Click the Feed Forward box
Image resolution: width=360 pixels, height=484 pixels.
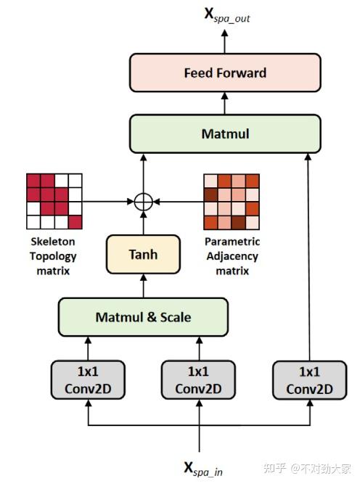click(x=224, y=73)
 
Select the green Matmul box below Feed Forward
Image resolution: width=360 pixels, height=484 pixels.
click(x=224, y=134)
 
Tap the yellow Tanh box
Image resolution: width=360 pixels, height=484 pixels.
click(x=143, y=255)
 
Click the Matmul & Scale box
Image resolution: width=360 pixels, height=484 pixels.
click(x=143, y=317)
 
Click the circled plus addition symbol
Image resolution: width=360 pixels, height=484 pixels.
click(x=144, y=201)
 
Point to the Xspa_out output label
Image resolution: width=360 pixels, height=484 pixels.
click(x=225, y=17)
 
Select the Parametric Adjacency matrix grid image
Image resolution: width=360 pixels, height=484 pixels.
click(x=232, y=201)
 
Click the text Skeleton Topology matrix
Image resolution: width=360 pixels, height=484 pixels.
click(x=52, y=256)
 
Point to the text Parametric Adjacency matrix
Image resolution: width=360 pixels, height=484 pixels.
click(x=232, y=256)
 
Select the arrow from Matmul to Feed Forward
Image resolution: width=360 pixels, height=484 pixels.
click(x=224, y=104)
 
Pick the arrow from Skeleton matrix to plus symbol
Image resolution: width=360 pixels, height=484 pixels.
click(x=109, y=201)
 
